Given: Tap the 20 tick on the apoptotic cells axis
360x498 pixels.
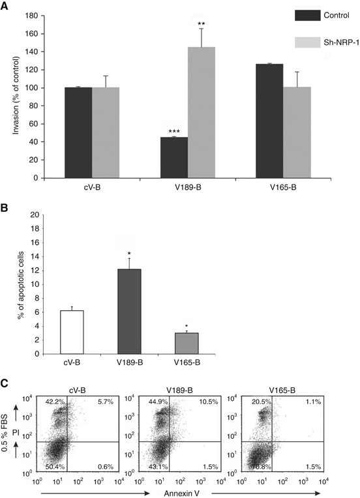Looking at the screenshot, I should (35, 214).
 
